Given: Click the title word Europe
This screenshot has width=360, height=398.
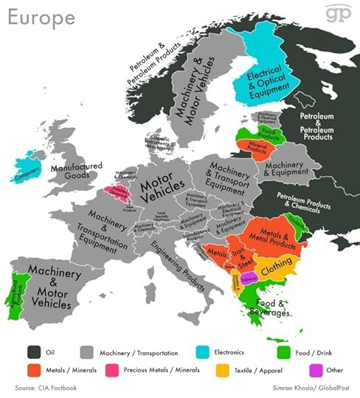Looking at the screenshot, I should click(43, 17).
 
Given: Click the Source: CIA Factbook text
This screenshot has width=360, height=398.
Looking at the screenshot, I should click(45, 387).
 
